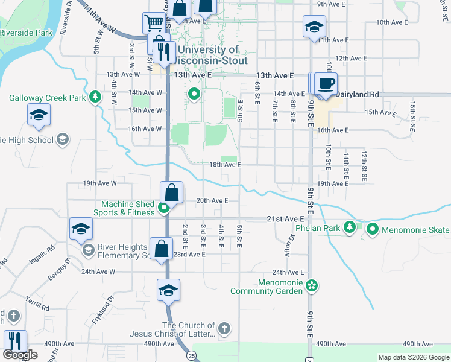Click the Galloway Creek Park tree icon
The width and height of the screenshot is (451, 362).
[94, 97]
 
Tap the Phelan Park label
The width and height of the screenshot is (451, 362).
[318, 229]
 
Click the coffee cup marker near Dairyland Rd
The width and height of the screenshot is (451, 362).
[326, 83]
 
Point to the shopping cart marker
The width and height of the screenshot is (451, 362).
[154, 24]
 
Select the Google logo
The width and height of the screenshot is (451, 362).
[20, 355]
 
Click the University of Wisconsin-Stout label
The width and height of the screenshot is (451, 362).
[207, 55]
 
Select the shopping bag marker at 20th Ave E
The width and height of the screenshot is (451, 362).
[172, 193]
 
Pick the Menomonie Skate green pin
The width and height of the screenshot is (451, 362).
[372, 229]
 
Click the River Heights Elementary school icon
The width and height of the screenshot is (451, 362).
[88, 250]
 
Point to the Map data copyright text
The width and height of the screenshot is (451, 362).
[414, 357]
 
